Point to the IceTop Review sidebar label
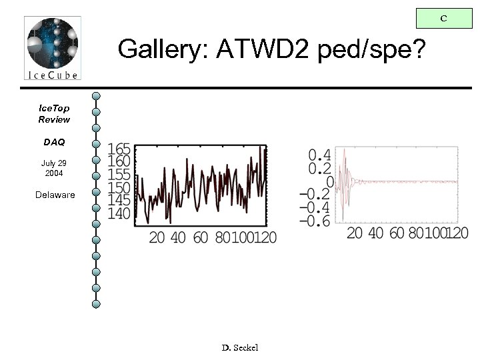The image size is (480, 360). click(x=53, y=113)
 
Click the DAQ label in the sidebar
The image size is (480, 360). click(x=54, y=142)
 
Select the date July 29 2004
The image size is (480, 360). click(x=53, y=168)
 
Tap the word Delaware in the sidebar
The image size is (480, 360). click(x=55, y=195)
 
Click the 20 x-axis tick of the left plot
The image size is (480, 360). click(x=157, y=237)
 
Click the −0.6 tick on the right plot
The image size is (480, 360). click(x=314, y=221)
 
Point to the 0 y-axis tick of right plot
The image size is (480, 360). click(x=329, y=181)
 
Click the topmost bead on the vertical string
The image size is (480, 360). click(x=97, y=97)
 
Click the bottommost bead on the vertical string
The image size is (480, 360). click(x=97, y=305)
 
